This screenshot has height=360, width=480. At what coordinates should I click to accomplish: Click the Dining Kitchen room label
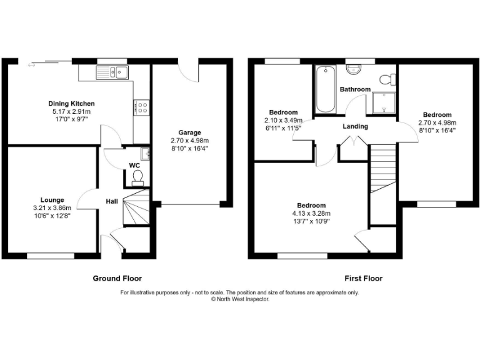[72, 104]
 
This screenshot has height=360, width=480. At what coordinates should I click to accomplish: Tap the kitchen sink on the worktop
[112, 74]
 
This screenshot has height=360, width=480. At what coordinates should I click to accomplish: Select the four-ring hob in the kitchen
[142, 107]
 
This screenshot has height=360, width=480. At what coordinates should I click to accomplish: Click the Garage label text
[190, 132]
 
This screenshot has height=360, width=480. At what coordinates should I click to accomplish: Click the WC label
[134, 166]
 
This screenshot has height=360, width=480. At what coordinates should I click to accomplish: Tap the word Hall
[112, 201]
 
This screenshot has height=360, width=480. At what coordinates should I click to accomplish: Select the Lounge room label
[53, 200]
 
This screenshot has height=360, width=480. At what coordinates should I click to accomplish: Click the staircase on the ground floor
[136, 210]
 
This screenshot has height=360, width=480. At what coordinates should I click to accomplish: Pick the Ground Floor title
[117, 278]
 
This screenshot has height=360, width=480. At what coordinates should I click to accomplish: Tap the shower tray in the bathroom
[384, 102]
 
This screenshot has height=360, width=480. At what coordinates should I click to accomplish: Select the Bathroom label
[355, 89]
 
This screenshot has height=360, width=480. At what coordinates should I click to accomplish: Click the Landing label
[355, 126]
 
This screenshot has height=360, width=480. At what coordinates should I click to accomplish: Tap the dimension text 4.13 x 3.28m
[311, 214]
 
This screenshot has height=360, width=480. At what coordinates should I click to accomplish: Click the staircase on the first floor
[383, 169]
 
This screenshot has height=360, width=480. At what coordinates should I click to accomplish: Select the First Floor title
[363, 278]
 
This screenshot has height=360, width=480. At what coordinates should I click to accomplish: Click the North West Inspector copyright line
[240, 299]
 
